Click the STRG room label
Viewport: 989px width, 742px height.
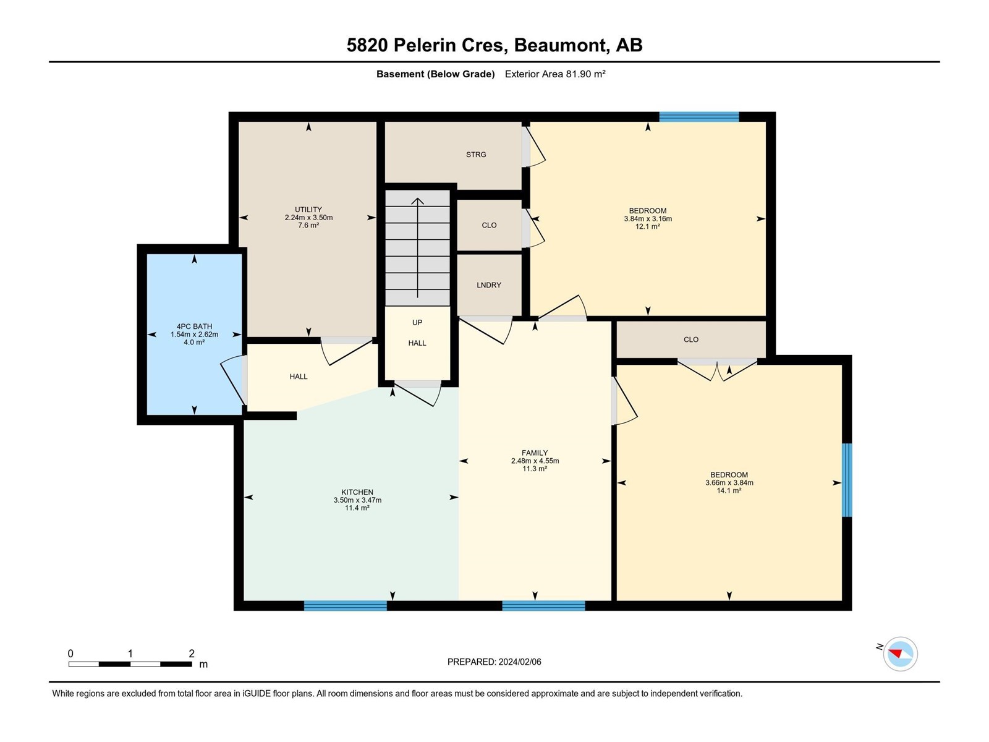click(476, 155)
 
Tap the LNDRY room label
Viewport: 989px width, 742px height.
click(489, 285)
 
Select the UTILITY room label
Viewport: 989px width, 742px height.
click(308, 210)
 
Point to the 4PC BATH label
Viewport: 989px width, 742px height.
click(194, 326)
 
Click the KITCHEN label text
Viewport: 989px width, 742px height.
click(357, 492)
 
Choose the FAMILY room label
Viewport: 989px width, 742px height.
click(535, 453)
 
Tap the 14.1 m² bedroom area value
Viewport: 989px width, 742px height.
click(729, 490)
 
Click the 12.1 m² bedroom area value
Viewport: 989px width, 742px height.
click(648, 226)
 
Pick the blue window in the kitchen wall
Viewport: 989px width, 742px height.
click(346, 606)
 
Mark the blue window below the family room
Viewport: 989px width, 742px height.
click(543, 606)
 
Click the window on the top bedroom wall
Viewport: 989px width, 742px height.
click(699, 117)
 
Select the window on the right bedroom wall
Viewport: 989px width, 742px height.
click(847, 480)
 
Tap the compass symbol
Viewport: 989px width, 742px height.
click(900, 654)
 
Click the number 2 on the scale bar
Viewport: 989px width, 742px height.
click(192, 653)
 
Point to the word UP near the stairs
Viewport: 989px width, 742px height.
click(417, 323)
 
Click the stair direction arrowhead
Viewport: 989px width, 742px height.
click(418, 201)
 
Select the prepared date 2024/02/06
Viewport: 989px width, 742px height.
click(519, 662)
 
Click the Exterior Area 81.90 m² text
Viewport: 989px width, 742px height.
click(555, 74)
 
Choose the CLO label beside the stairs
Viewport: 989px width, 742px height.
click(489, 225)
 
